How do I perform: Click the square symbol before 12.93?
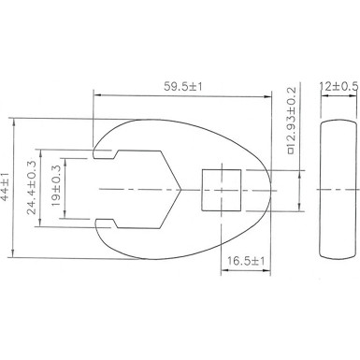coord(291,165)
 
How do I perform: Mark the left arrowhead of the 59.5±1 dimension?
coord(99,94)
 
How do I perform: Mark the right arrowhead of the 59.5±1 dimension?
coord(271,94)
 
